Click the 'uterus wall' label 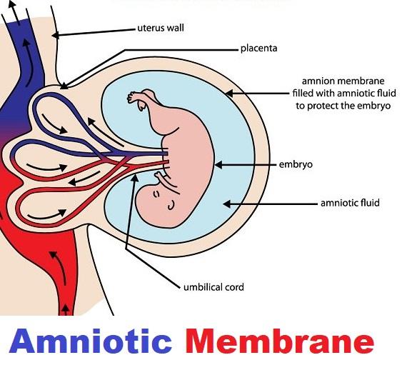(x=161, y=28)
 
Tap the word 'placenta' (x=258, y=49)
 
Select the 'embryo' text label (x=296, y=164)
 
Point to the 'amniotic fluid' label (x=350, y=203)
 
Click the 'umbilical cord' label (x=213, y=287)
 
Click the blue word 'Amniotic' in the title (x=91, y=341)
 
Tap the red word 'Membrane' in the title (x=280, y=341)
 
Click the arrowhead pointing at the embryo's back (x=218, y=165)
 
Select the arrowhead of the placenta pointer (x=64, y=86)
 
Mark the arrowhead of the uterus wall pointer (x=55, y=35)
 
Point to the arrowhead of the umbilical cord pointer (x=134, y=178)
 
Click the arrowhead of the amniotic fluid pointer (x=227, y=204)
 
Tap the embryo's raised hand (x=132, y=97)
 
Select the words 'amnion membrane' (x=343, y=81)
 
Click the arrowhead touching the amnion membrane (x=229, y=94)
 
